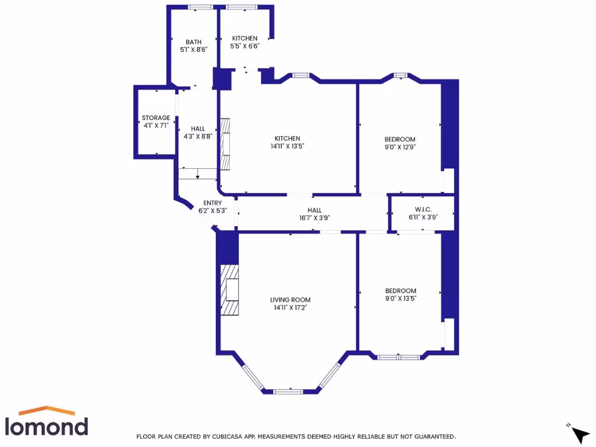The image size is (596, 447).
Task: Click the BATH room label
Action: coord(193,42)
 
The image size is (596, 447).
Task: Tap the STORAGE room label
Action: coord(156,118)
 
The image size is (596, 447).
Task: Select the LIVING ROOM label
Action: coord(290,300)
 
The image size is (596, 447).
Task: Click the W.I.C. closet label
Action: coord(423,210)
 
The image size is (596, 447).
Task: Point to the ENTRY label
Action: coord(208,203)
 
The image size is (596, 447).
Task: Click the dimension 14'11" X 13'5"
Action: coord(287,146)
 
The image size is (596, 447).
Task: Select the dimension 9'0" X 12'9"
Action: coord(400,147)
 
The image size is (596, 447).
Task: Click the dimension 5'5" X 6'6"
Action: coord(244,46)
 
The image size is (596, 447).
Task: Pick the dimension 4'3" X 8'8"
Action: coord(198,137)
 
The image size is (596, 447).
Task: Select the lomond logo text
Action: coord(47,426)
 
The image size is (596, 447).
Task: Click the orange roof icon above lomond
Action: coord(47,410)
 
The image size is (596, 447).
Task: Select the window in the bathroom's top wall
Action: coord(200,7)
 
